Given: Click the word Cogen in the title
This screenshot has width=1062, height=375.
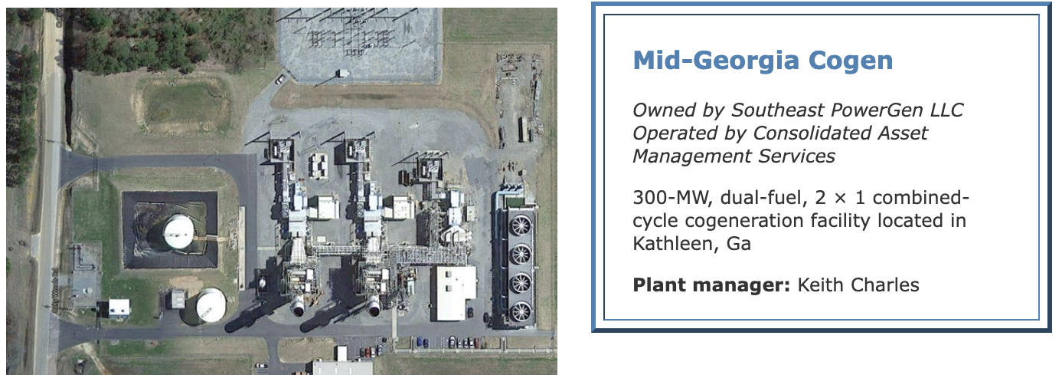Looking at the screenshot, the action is (851, 61).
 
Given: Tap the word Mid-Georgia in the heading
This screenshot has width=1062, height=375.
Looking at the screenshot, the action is (717, 61).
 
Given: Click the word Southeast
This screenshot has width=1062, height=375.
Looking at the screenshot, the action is (778, 110).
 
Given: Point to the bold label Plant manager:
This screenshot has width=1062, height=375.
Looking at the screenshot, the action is (711, 285).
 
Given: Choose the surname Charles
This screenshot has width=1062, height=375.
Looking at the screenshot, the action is (885, 285).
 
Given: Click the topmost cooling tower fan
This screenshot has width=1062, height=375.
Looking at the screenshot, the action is (521, 225).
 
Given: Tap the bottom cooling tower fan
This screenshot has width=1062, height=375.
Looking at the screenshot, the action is (521, 312).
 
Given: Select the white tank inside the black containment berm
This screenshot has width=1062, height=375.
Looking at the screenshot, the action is (178, 231).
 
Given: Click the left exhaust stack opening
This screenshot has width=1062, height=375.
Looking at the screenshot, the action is (298, 310).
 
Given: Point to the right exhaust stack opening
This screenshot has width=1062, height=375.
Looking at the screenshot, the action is (374, 310).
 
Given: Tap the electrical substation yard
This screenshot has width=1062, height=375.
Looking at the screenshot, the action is (359, 45).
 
